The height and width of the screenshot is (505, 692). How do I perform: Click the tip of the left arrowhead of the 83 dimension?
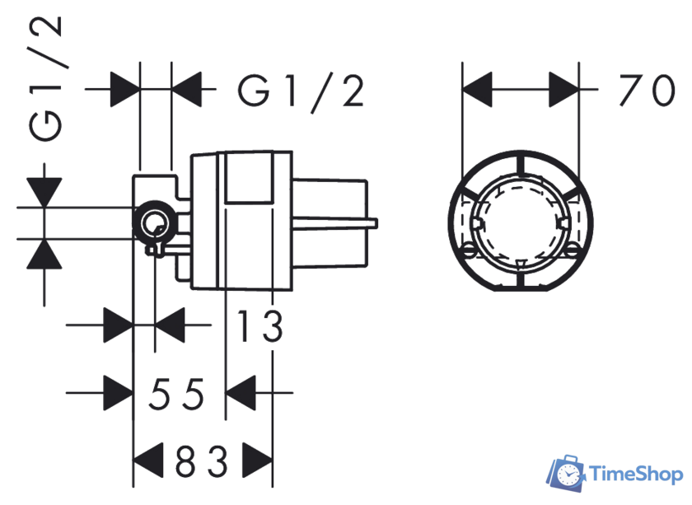[x=133, y=461]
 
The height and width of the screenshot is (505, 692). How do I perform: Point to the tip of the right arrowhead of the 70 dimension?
[x=578, y=90]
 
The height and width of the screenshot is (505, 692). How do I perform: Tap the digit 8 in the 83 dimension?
[x=185, y=461]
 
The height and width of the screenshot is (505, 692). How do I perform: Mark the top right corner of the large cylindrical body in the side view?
[x=292, y=152]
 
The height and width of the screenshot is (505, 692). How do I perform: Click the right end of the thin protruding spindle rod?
[x=377, y=223]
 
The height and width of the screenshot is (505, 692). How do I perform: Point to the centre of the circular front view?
[x=521, y=222]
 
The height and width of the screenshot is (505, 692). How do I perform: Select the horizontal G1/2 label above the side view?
[x=301, y=91]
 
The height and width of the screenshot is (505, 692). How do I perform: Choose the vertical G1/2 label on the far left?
[x=45, y=78]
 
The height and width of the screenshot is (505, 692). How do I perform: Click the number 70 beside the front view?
[x=647, y=91]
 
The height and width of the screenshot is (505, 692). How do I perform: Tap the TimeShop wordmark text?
[x=636, y=475]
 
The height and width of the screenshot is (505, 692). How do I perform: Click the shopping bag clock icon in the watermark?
[x=566, y=474]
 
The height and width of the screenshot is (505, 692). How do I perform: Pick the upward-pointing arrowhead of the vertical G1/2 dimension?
[x=44, y=254]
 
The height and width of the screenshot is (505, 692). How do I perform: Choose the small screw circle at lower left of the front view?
[x=469, y=250]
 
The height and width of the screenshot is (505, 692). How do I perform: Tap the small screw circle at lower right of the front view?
[x=572, y=250]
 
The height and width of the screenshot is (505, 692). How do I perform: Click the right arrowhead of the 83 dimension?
[x=257, y=461]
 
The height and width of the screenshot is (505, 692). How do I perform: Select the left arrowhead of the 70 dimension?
[x=477, y=90]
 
